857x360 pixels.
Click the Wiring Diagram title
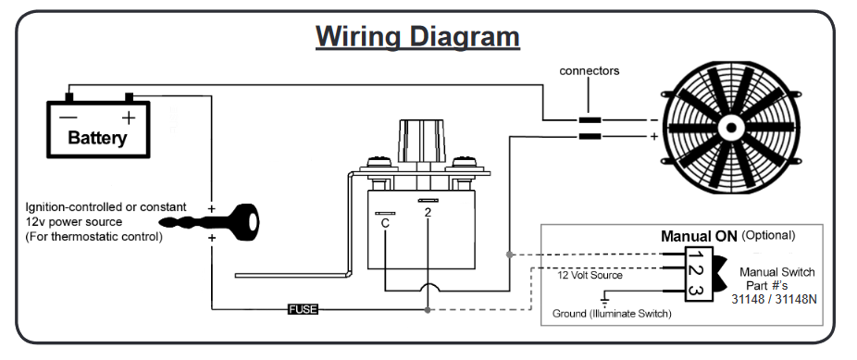point(417,37)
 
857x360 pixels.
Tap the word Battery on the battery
point(97,138)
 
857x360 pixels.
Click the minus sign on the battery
point(68,118)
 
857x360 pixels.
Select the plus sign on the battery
point(128,118)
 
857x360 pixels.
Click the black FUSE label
point(303,310)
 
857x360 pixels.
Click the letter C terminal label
point(385,223)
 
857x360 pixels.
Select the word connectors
point(590,71)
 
